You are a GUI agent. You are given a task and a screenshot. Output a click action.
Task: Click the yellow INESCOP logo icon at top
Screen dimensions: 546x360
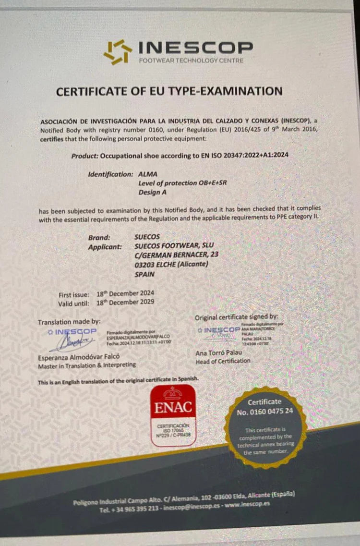pyautogui.click(x=117, y=52)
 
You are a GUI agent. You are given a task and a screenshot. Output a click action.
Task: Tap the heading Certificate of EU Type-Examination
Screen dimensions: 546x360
pyautogui.click(x=169, y=91)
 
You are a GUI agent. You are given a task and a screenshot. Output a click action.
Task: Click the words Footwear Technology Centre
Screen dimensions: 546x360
pyautogui.click(x=191, y=61)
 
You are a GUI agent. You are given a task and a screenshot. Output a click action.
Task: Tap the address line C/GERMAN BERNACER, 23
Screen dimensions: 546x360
pyautogui.click(x=177, y=255)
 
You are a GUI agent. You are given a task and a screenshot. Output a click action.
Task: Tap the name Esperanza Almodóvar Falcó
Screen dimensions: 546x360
pyautogui.click(x=79, y=357)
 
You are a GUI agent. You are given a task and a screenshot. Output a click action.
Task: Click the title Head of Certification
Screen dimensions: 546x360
pyautogui.click(x=223, y=361)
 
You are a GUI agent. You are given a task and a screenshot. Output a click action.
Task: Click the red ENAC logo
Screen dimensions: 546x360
pyautogui.click(x=173, y=416)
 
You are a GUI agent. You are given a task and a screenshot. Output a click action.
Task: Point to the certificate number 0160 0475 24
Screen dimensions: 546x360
pyautogui.click(x=264, y=412)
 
